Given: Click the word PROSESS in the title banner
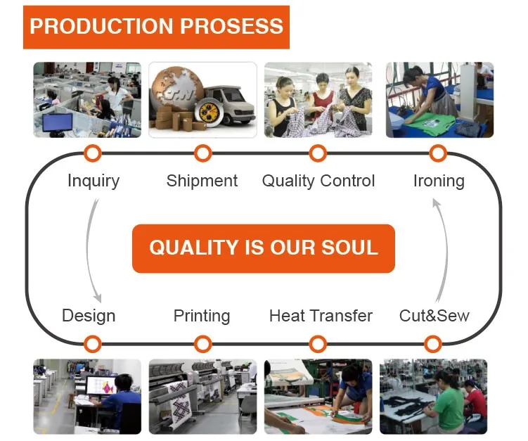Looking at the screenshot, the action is pyautogui.click(x=232, y=26).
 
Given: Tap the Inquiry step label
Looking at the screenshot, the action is pyautogui.click(x=94, y=181).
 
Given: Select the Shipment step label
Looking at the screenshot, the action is pyautogui.click(x=202, y=181).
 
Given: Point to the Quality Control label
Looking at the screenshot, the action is pyautogui.click(x=318, y=181).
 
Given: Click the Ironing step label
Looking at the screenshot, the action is pyautogui.click(x=439, y=181).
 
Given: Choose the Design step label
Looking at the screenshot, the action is pyautogui.click(x=89, y=317).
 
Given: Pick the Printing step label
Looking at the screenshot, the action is pyautogui.click(x=202, y=317).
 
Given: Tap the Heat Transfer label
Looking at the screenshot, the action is pyautogui.click(x=321, y=316).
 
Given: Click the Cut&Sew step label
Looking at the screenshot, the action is pyautogui.click(x=434, y=316).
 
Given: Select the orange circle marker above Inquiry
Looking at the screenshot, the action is pyautogui.click(x=93, y=153).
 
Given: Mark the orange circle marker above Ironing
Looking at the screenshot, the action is pyautogui.click(x=438, y=153).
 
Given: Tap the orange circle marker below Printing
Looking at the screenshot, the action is pyautogui.click(x=202, y=344).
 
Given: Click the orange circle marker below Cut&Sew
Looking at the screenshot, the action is pyautogui.click(x=433, y=344).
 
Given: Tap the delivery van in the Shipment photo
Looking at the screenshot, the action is pyautogui.click(x=229, y=104).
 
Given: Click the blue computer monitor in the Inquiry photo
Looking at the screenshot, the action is pyautogui.click(x=57, y=122).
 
